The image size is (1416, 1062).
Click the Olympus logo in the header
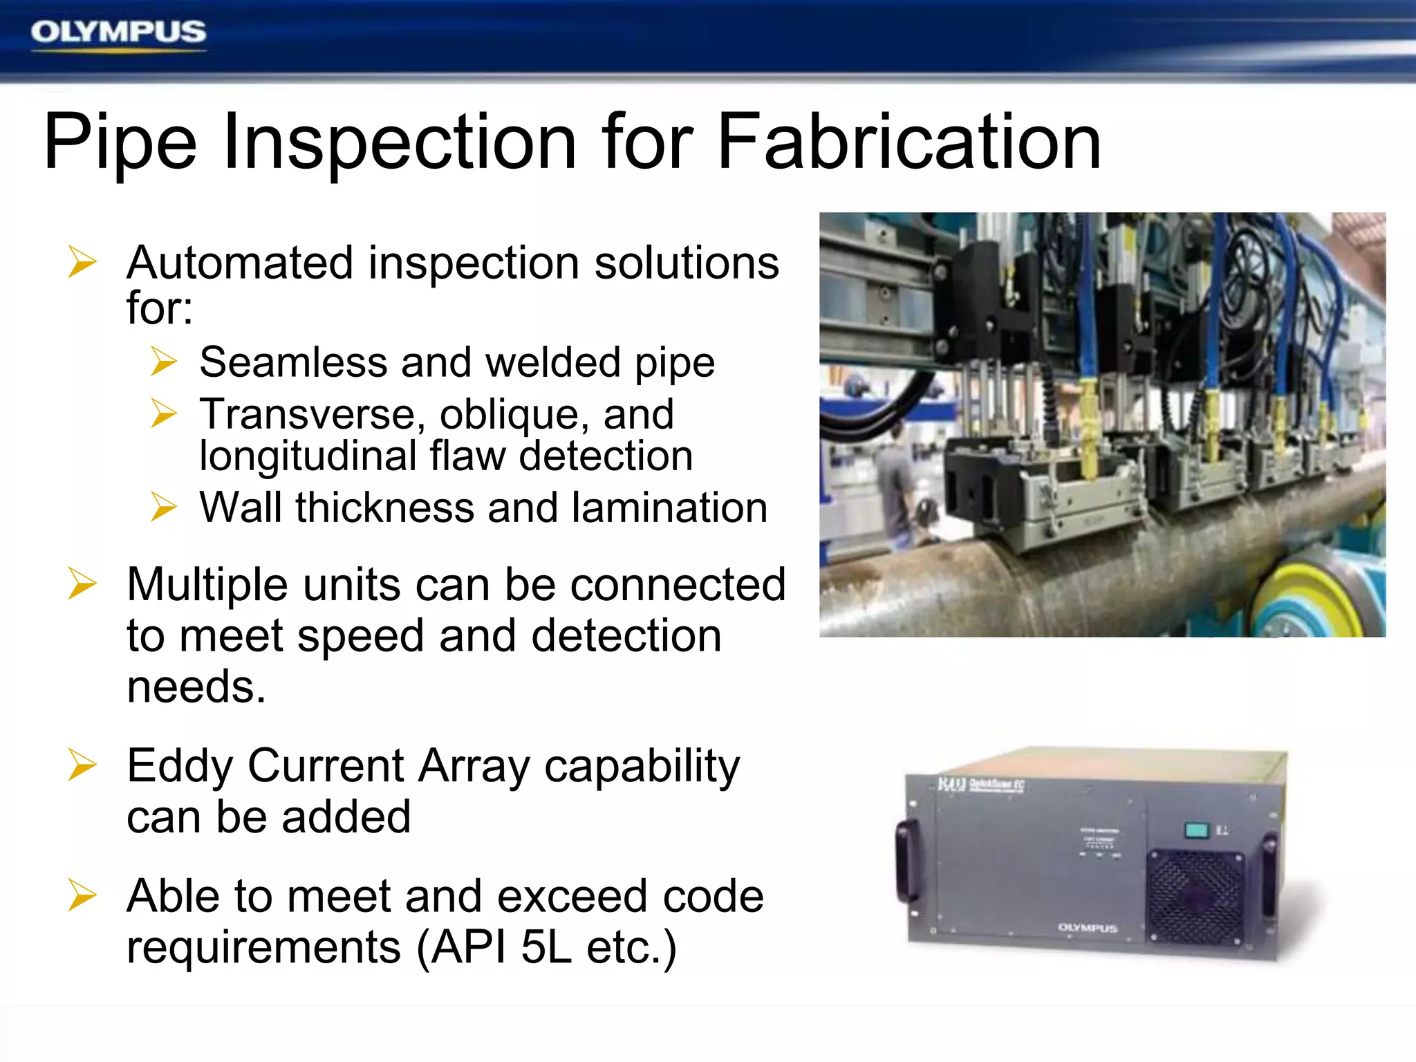click(x=118, y=32)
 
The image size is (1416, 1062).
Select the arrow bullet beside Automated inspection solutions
click(x=82, y=263)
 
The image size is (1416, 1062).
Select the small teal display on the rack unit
click(x=1196, y=830)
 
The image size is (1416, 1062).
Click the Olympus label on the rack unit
click(x=1088, y=928)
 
